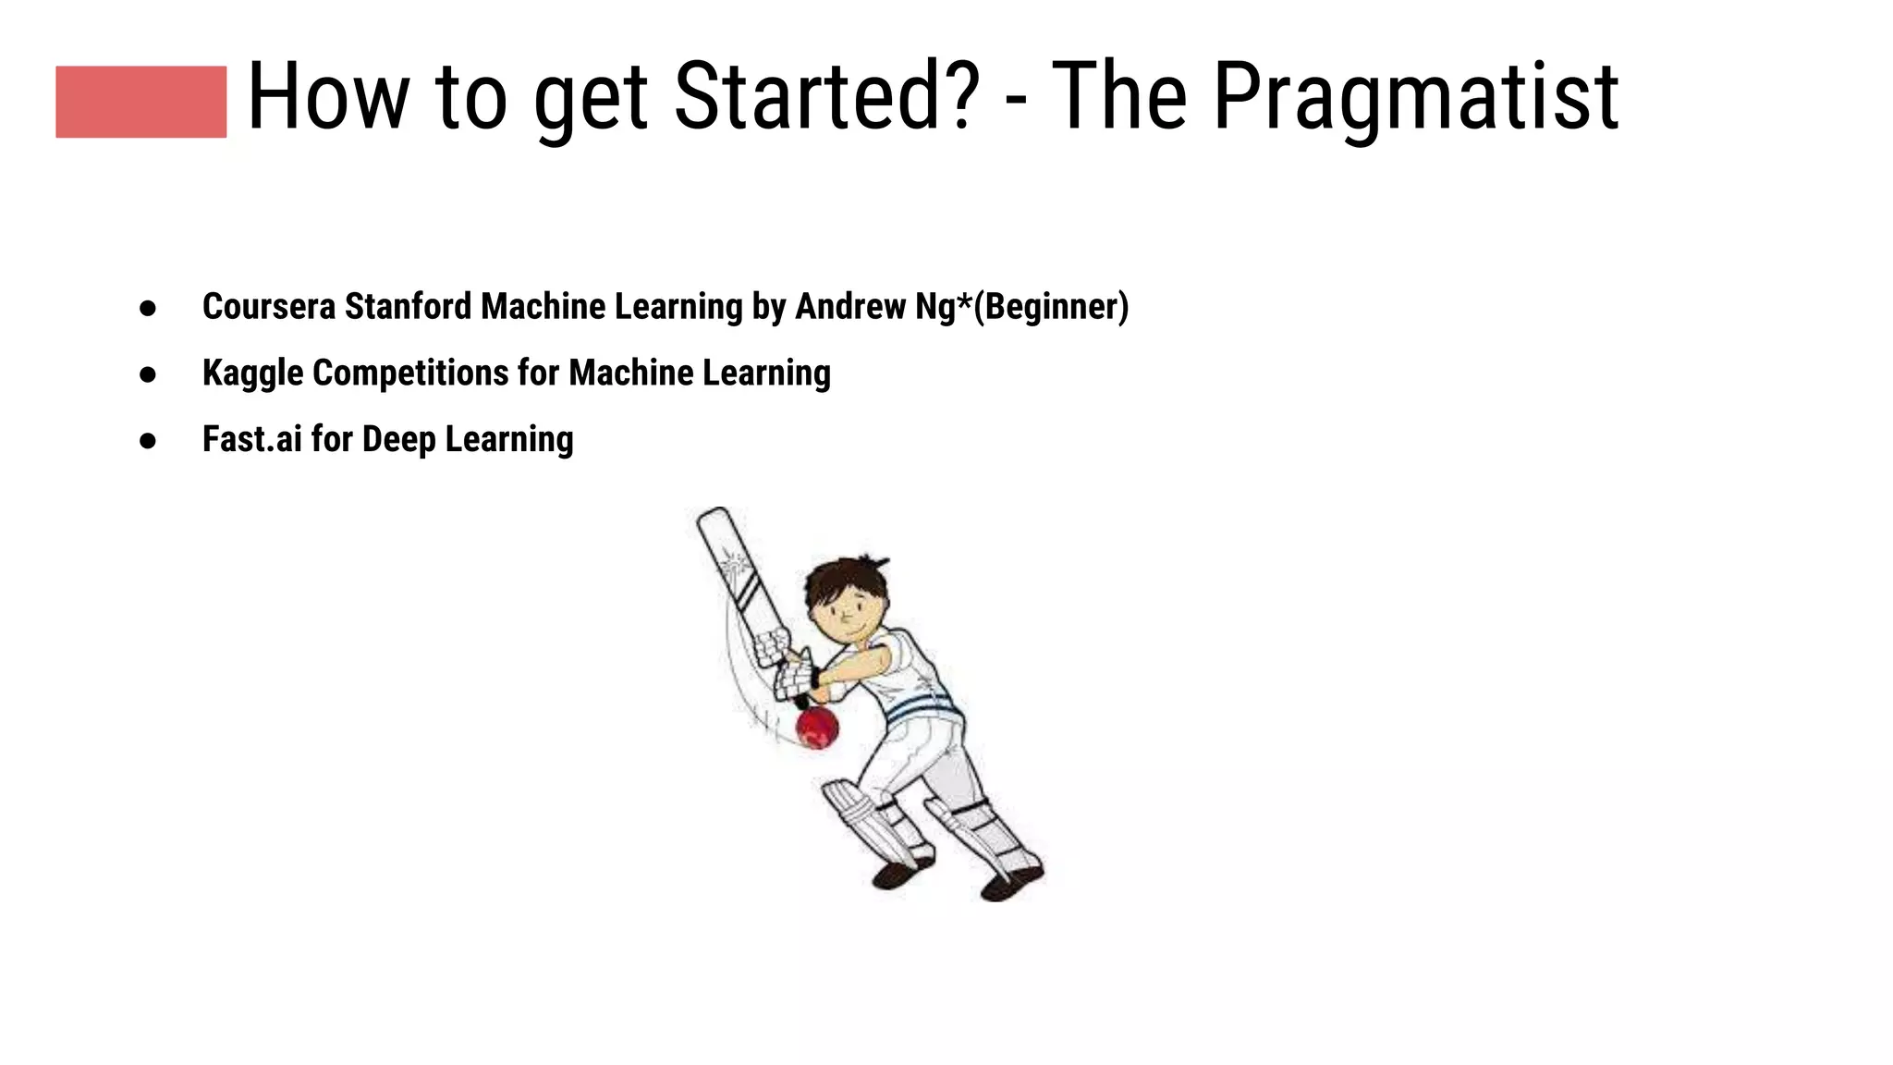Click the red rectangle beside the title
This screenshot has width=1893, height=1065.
pos(140,102)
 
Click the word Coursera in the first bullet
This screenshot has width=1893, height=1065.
pos(268,307)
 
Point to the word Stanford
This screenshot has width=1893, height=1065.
pos(408,307)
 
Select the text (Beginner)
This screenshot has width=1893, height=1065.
pos(1051,307)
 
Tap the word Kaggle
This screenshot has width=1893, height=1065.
pos(252,373)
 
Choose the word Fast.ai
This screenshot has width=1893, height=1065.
pos(251,439)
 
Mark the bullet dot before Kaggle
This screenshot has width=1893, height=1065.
pos(148,374)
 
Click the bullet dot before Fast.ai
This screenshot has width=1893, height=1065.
pos(148,441)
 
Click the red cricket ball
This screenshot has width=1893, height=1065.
pos(817,727)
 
